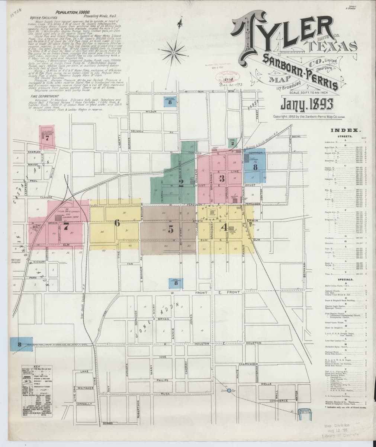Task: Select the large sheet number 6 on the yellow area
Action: [x=117, y=223]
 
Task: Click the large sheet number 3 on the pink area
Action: [x=221, y=178]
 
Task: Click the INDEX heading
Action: [x=344, y=131]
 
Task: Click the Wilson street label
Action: [x=150, y=112]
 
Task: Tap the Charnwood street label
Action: [x=248, y=364]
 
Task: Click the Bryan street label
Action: [x=164, y=320]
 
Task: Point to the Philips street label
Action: [x=163, y=380]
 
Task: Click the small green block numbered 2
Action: [x=232, y=142]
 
